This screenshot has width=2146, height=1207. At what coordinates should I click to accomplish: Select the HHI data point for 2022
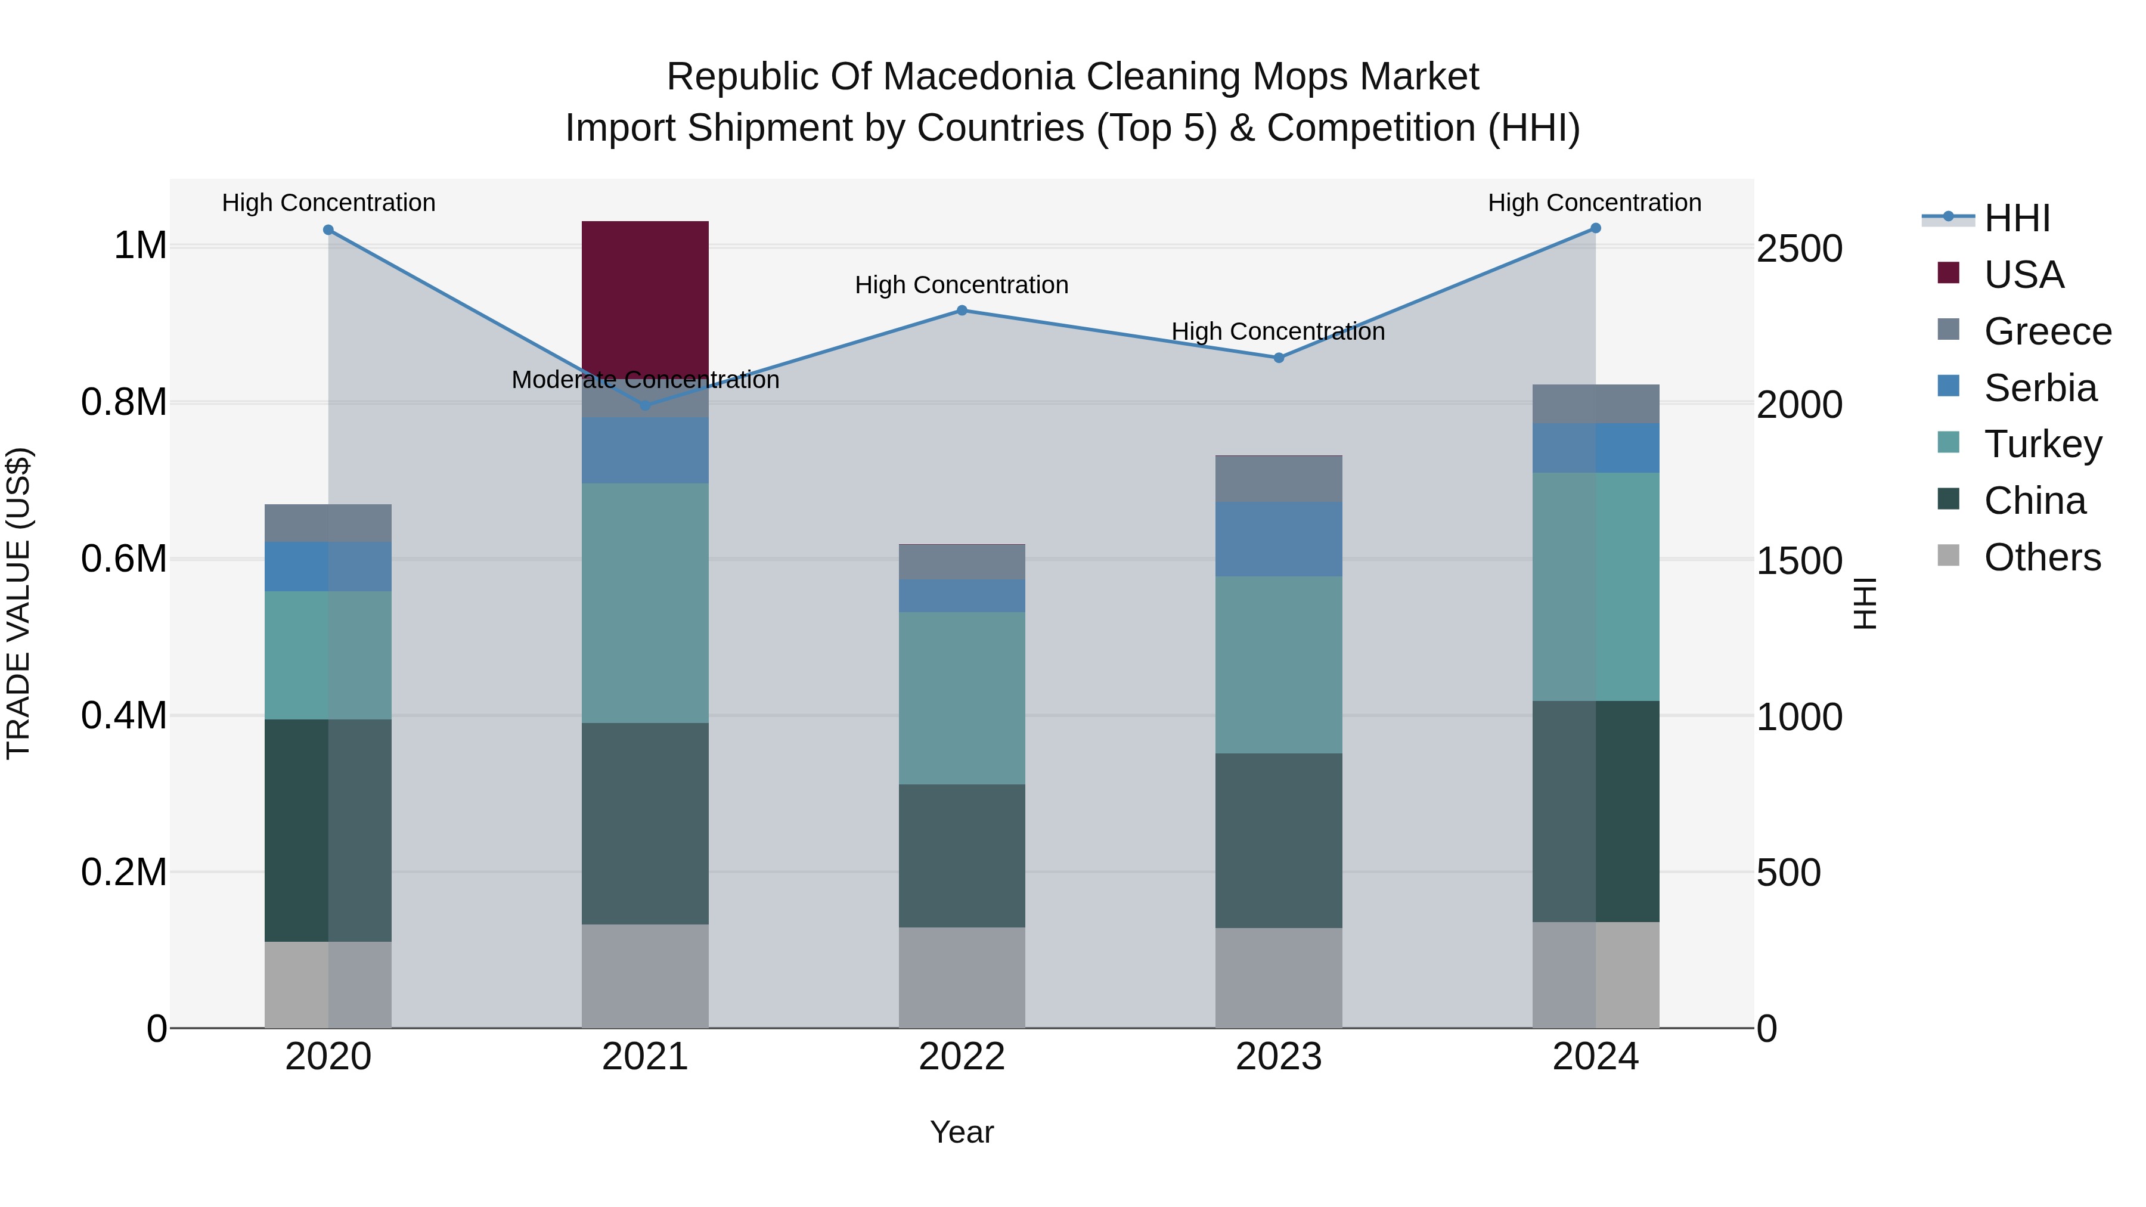[x=962, y=311]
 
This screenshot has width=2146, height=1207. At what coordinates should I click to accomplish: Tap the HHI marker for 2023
[x=1279, y=358]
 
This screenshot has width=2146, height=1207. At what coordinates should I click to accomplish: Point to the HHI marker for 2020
[x=328, y=230]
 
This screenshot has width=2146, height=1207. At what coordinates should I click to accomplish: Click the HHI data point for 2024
[x=1595, y=228]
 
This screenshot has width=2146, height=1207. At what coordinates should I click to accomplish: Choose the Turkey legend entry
[x=2043, y=444]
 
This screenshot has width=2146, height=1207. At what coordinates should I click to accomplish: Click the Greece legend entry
[x=2048, y=331]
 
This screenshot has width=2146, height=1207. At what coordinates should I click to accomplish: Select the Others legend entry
[x=2042, y=557]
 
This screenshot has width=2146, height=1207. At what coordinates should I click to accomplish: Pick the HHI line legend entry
[x=2016, y=218]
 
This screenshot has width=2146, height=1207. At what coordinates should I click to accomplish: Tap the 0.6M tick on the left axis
[x=124, y=559]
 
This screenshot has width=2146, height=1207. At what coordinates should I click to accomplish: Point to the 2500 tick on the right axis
[x=1800, y=249]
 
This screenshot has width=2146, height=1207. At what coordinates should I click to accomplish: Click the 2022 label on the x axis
[x=962, y=1057]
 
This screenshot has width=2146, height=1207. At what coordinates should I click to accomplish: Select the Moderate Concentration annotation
[x=645, y=380]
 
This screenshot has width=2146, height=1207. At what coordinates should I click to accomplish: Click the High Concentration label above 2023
[x=1278, y=331]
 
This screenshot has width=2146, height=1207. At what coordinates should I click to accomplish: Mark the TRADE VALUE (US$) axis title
[x=18, y=603]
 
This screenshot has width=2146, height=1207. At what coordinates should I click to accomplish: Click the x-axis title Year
[x=962, y=1132]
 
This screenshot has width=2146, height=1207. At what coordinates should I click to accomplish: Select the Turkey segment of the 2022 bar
[x=962, y=698]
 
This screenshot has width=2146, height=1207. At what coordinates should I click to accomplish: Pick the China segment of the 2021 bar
[x=645, y=823]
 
